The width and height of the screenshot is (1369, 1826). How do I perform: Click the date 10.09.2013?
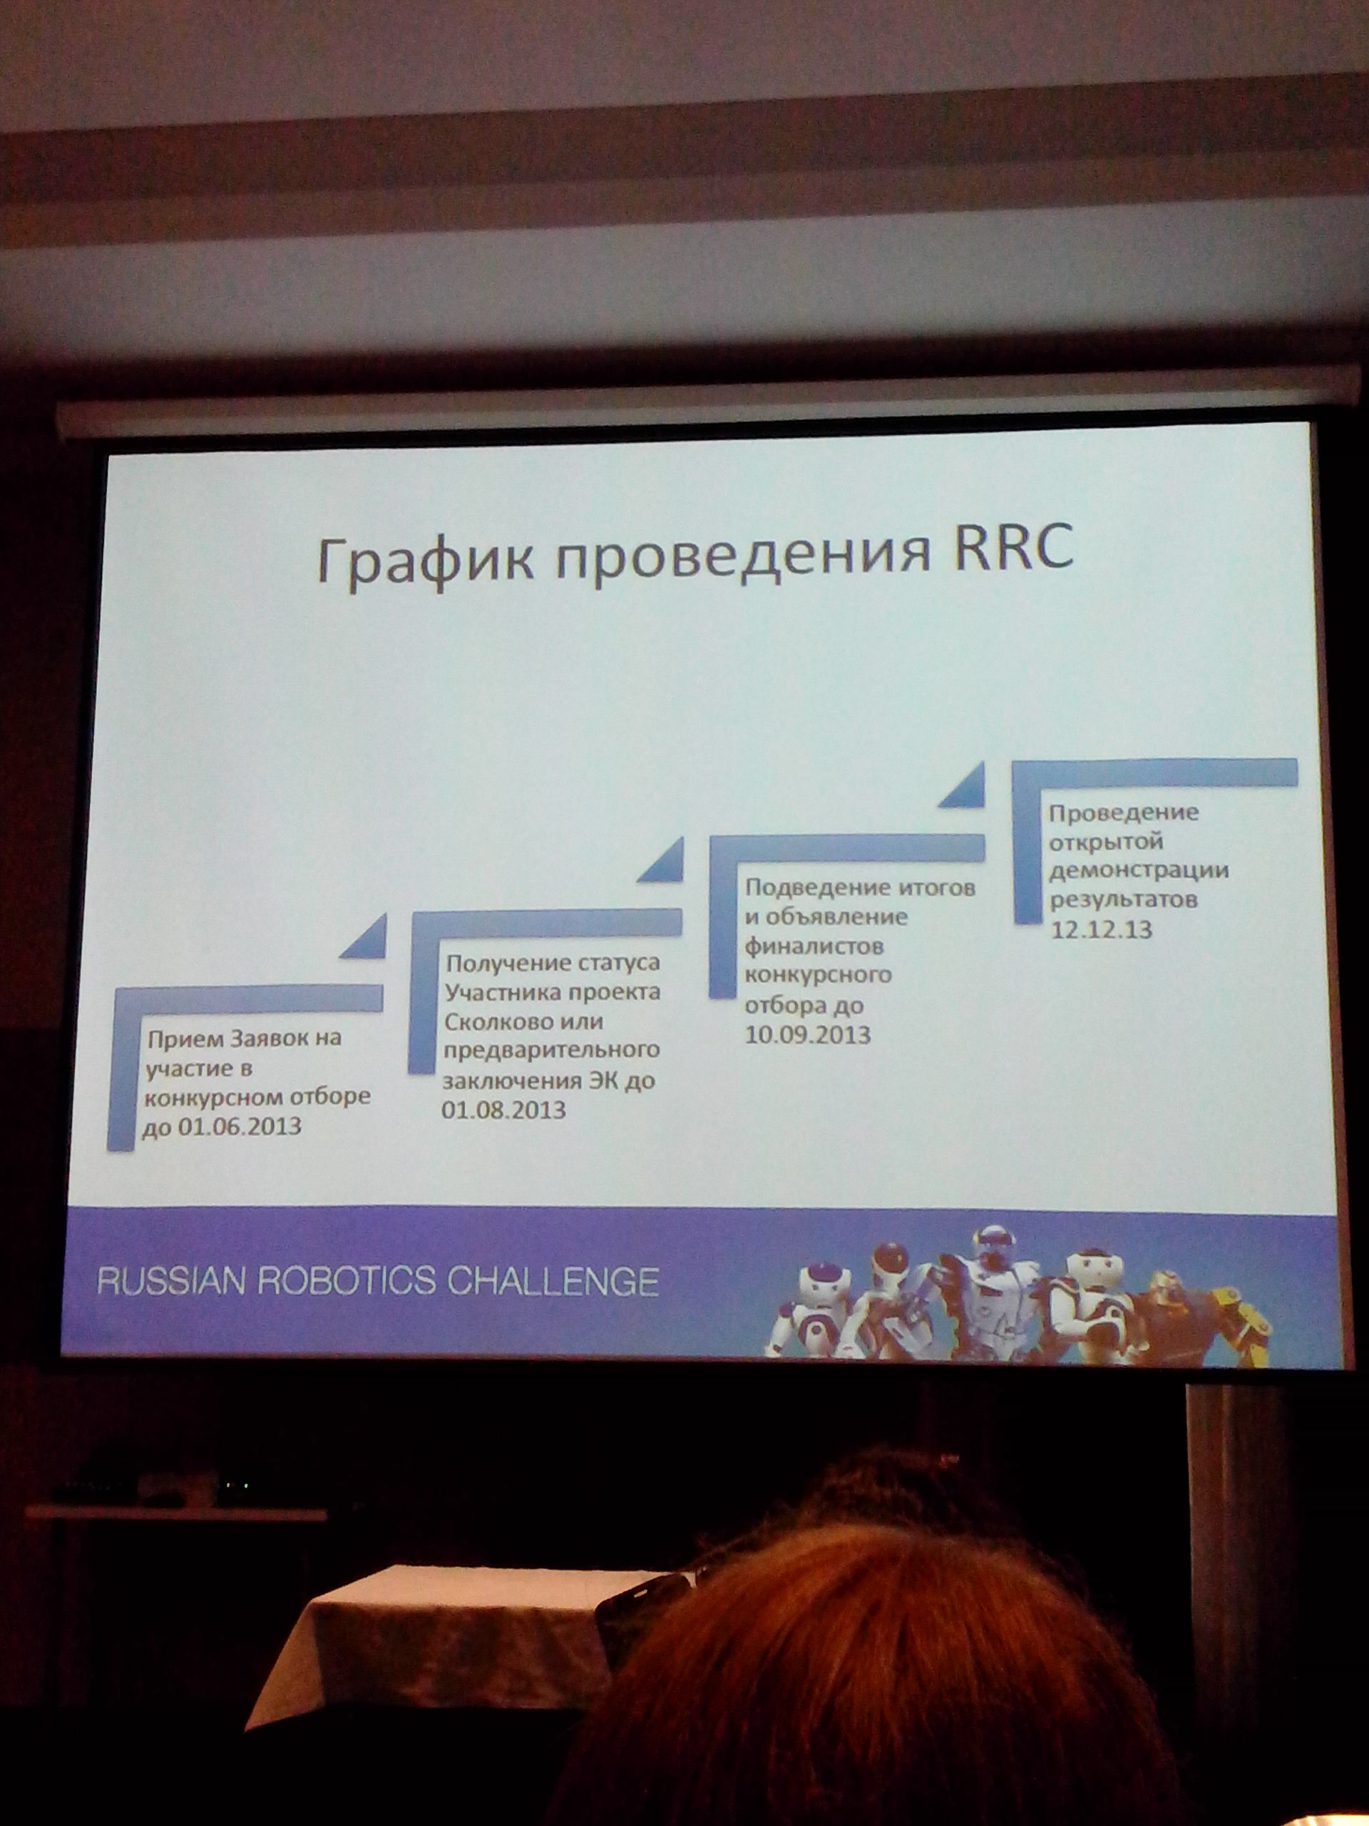(x=808, y=1034)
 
